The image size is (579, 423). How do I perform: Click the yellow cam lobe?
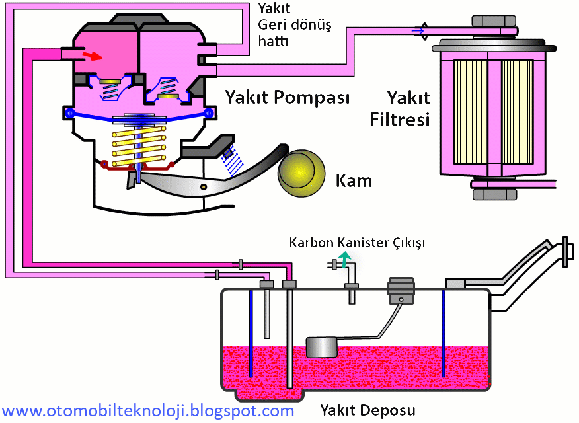[x=300, y=171]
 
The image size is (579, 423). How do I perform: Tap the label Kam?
[x=354, y=180]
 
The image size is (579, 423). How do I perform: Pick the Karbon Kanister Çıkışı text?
[x=357, y=243]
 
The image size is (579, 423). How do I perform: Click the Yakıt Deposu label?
[x=367, y=410]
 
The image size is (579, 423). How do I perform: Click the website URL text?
[x=149, y=411]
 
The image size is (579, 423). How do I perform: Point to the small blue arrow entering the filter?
[x=416, y=30]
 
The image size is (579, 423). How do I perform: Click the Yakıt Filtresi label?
[x=408, y=110]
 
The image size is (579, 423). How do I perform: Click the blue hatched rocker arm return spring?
[x=231, y=159]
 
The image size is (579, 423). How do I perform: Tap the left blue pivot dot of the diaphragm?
[x=69, y=114]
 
